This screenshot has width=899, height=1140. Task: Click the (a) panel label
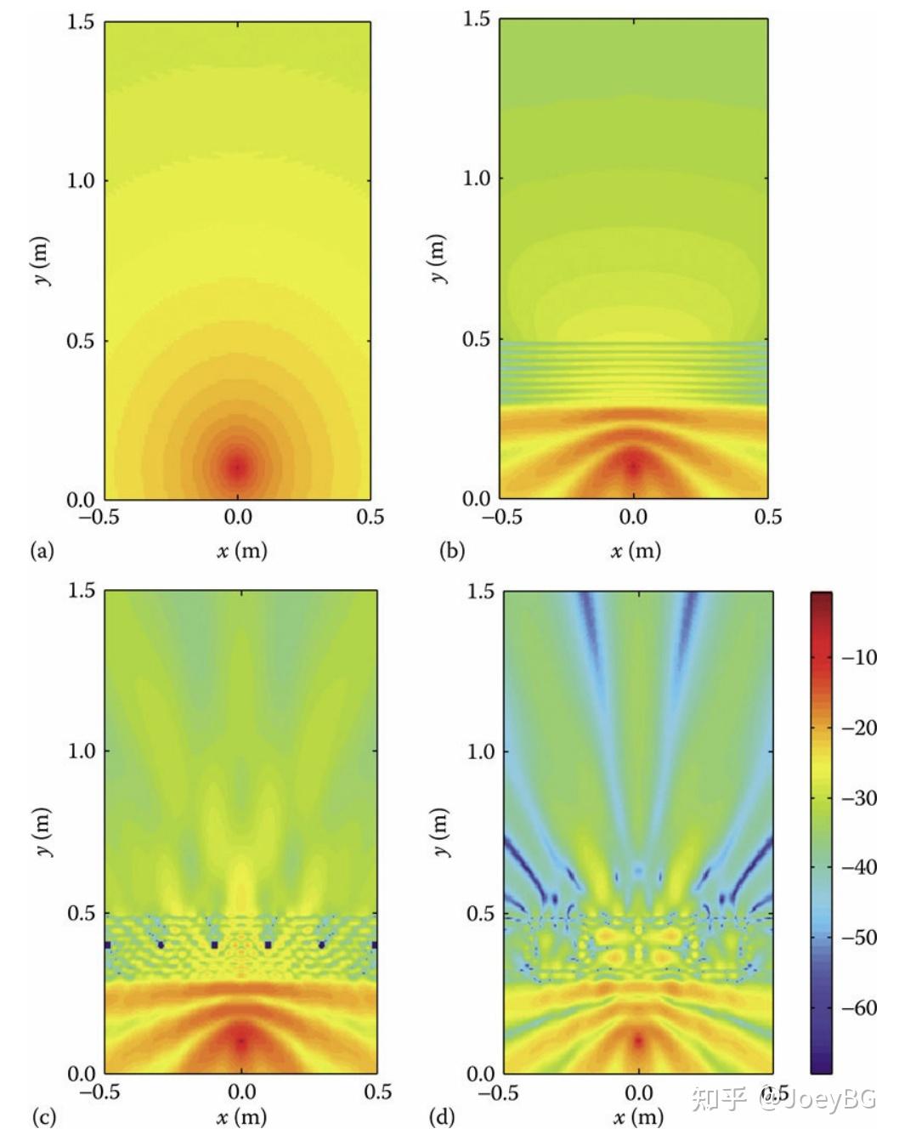pyautogui.click(x=42, y=551)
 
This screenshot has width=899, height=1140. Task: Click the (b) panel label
pyautogui.click(x=452, y=551)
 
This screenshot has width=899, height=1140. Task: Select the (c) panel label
pyautogui.click(x=42, y=1116)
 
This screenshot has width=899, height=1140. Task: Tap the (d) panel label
pyautogui.click(x=441, y=1116)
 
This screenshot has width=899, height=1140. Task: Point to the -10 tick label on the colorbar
pyautogui.click(x=858, y=657)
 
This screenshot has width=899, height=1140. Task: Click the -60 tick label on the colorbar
pyautogui.click(x=858, y=1008)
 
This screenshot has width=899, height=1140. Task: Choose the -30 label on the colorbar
pyautogui.click(x=858, y=798)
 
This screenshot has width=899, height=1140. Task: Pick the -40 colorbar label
pyautogui.click(x=858, y=868)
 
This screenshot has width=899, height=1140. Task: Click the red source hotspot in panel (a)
pyautogui.click(x=238, y=466)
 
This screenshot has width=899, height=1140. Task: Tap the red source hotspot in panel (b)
pyautogui.click(x=633, y=464)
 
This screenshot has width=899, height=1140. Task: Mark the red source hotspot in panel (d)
pyautogui.click(x=639, y=1040)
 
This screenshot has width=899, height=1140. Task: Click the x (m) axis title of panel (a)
pyautogui.click(x=241, y=551)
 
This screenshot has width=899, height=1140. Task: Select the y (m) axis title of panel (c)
pyautogui.click(x=42, y=831)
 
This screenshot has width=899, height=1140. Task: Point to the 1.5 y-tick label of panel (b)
pyautogui.click(x=477, y=19)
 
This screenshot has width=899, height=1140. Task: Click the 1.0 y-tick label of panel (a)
pyautogui.click(x=81, y=180)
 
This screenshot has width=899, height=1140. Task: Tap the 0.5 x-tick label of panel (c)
pyautogui.click(x=377, y=1092)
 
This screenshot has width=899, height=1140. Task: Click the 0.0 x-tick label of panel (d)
pyautogui.click(x=639, y=1092)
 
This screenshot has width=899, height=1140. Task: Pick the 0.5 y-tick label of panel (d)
pyautogui.click(x=481, y=914)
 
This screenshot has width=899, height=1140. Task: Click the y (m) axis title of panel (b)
pyautogui.click(x=437, y=258)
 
